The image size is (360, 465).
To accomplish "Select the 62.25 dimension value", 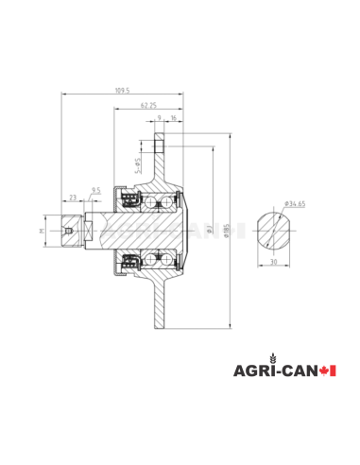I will click(x=146, y=106).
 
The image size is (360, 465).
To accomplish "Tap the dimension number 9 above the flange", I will click(x=159, y=119).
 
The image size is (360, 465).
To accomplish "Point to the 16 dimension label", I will click(x=173, y=119).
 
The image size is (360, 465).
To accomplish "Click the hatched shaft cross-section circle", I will click(x=277, y=230).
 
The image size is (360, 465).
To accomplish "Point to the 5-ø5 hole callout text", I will click(x=139, y=166).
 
